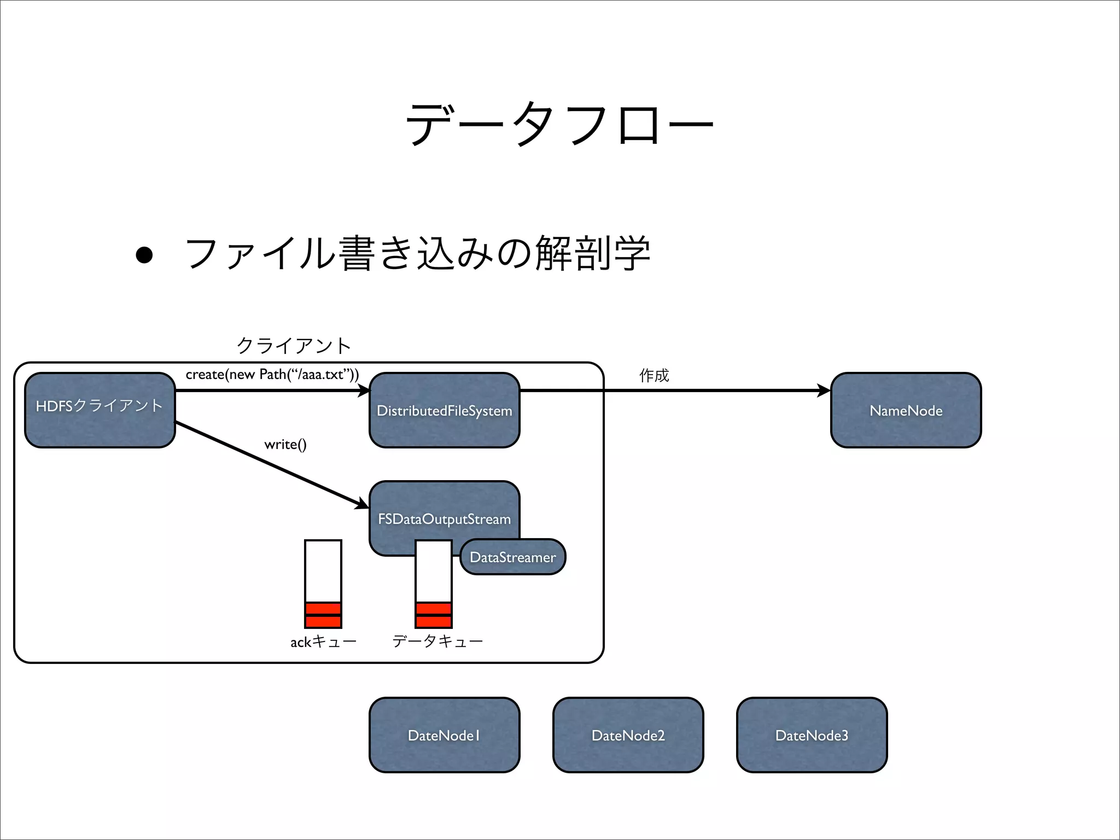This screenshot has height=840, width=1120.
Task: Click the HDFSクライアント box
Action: [x=100, y=410]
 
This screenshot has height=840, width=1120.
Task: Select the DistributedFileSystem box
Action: [x=444, y=410]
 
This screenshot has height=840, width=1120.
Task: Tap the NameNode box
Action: [x=906, y=410]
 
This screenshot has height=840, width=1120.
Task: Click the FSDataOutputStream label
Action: [x=444, y=518]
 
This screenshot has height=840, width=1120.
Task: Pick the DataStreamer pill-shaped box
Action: [x=512, y=557]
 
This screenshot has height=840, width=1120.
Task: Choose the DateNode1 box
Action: [x=444, y=734]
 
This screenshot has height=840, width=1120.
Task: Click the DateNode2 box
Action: [x=628, y=734]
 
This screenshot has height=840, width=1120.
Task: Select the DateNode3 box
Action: [x=812, y=734]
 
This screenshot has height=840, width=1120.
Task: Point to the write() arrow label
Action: [x=285, y=444]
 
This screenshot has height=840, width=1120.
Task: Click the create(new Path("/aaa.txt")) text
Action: [x=272, y=374]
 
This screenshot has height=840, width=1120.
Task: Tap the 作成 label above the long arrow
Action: [x=654, y=375]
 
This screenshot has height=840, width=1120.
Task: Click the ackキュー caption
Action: [x=323, y=641]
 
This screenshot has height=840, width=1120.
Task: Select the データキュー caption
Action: [x=437, y=641]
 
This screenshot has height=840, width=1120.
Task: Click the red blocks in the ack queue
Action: [x=323, y=615]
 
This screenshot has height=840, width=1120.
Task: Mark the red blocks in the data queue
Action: [x=433, y=615]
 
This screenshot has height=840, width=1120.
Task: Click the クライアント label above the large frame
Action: [x=294, y=345]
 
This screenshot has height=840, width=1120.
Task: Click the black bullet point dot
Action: [x=144, y=255]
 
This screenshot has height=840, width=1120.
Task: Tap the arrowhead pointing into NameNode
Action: [x=824, y=390]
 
